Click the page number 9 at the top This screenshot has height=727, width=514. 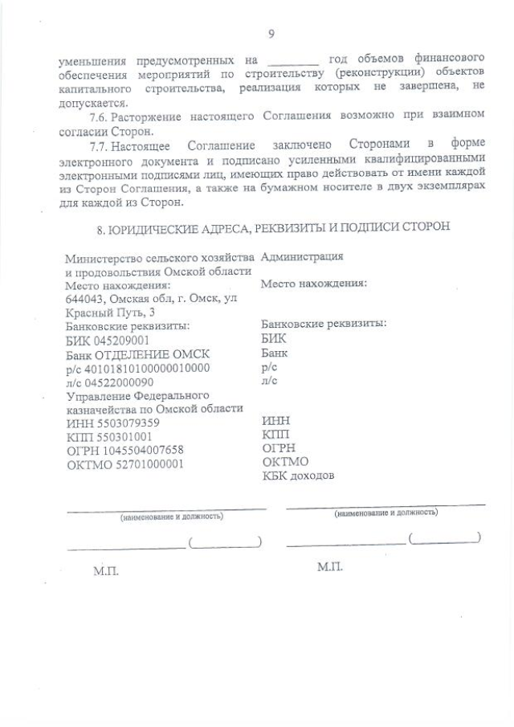click(271, 33)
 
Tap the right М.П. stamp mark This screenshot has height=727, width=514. click(329, 567)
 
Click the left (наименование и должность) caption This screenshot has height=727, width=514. click(171, 517)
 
